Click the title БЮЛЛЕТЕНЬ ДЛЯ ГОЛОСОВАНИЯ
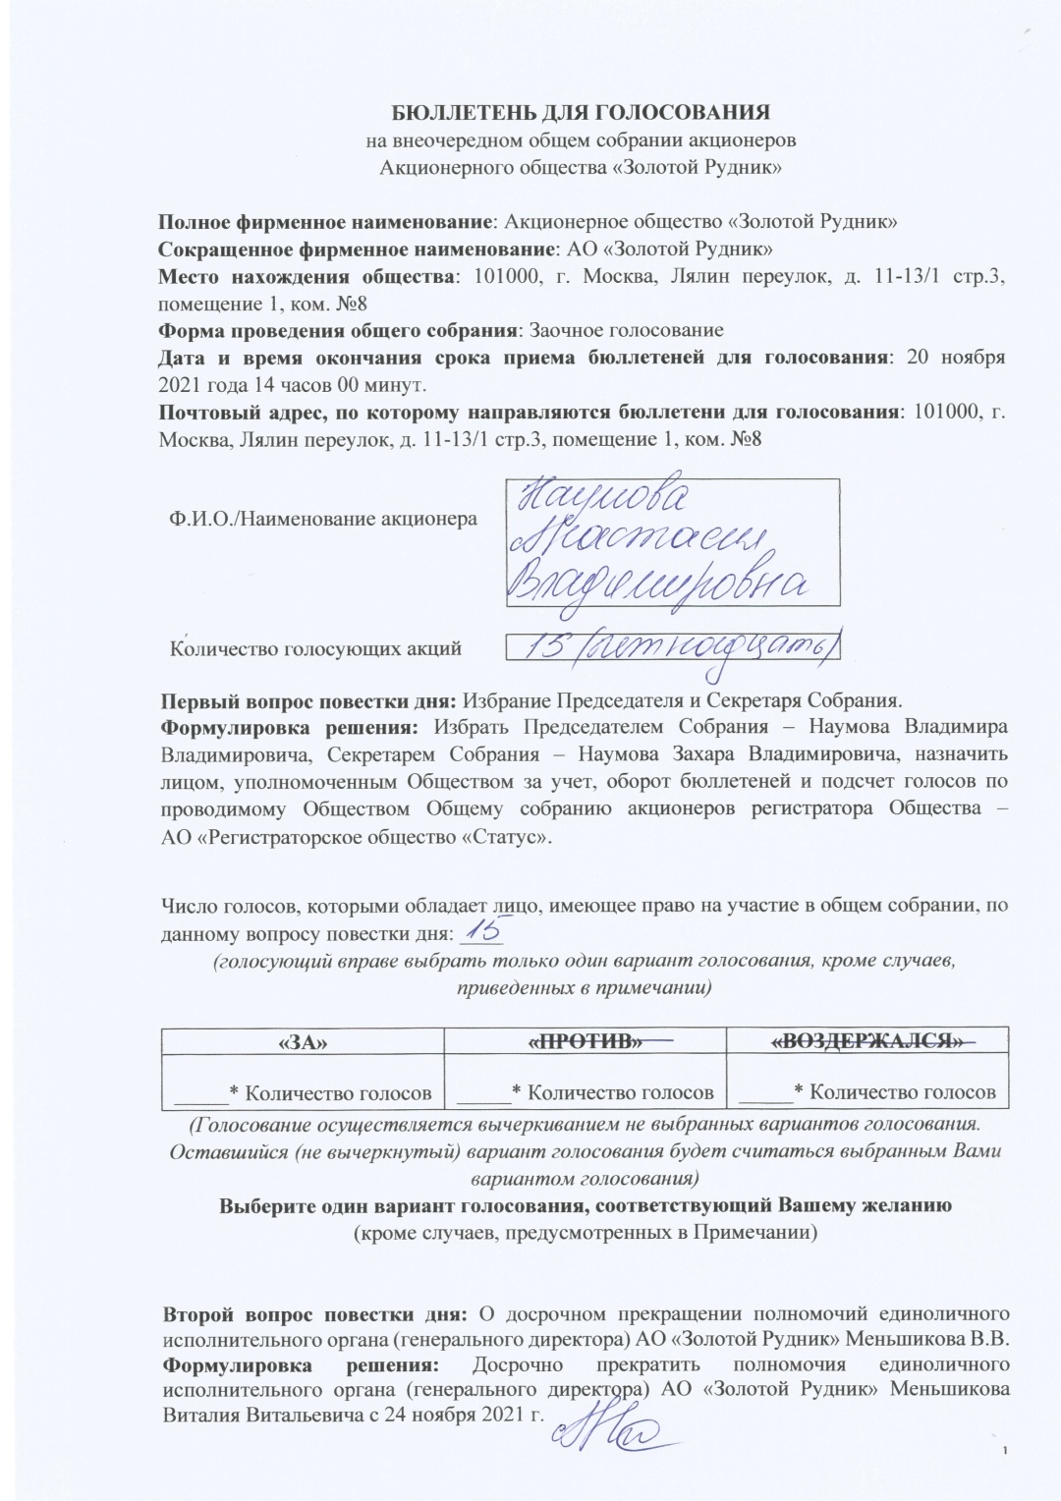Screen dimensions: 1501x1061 [580, 110]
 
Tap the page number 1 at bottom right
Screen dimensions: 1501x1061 [1008, 1452]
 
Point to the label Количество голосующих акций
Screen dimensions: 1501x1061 [316, 648]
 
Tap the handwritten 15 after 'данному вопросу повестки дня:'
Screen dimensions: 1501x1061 [482, 929]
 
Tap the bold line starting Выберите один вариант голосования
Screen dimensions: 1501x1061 [580, 1206]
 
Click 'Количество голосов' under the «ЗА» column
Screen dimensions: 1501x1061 [338, 1091]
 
